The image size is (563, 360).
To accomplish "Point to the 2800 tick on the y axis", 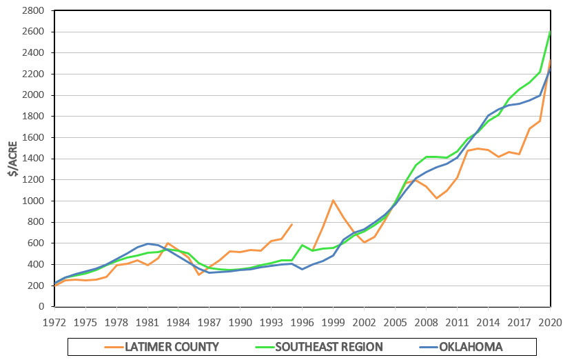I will point(35,11).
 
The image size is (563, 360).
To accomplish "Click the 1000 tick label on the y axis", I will point(35,201).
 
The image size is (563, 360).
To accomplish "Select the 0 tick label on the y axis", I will point(43,306).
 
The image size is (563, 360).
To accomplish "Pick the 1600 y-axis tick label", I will point(35,138).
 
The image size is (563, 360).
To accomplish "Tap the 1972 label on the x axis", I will point(54,321).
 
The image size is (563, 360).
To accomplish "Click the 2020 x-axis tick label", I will point(550,321).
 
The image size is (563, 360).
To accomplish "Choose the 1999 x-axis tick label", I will point(334,321).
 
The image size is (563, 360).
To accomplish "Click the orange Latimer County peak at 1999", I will point(333,200).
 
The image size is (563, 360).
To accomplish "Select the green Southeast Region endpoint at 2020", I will point(550,32).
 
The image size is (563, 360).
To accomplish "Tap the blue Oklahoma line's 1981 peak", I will point(147,243).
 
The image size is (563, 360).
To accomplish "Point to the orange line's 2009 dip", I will point(436,199).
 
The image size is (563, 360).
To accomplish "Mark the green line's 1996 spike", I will point(302,245).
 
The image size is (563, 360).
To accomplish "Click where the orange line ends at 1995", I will point(292,224).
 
